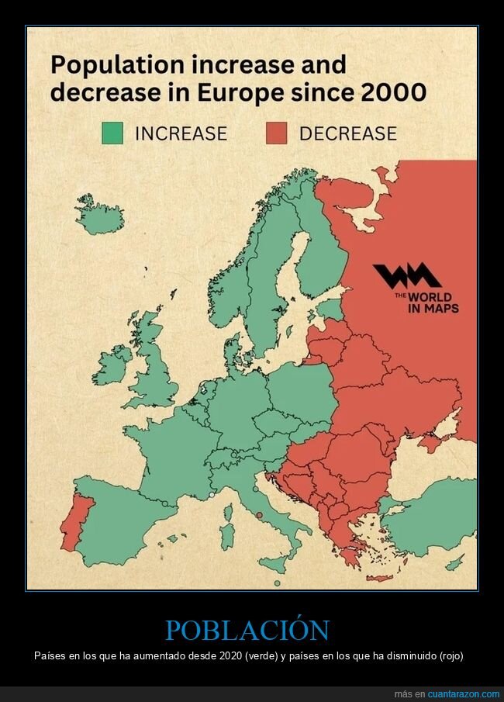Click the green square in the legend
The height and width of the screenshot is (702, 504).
point(112,133)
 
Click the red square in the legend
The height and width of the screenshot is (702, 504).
point(276,133)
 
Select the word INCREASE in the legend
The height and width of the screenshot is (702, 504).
point(181,133)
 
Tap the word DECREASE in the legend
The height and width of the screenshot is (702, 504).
point(347,133)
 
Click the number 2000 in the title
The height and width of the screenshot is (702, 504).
point(392,92)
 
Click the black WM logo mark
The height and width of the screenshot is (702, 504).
point(406,276)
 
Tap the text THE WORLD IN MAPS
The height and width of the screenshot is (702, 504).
point(432,303)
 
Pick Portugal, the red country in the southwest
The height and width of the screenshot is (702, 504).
point(76,517)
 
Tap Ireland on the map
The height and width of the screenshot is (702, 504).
point(112,366)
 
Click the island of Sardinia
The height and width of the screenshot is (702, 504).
point(226,535)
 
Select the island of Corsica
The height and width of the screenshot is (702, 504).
point(229,511)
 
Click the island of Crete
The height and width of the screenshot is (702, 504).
point(379,577)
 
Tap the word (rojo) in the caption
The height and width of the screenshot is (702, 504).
point(449,655)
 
